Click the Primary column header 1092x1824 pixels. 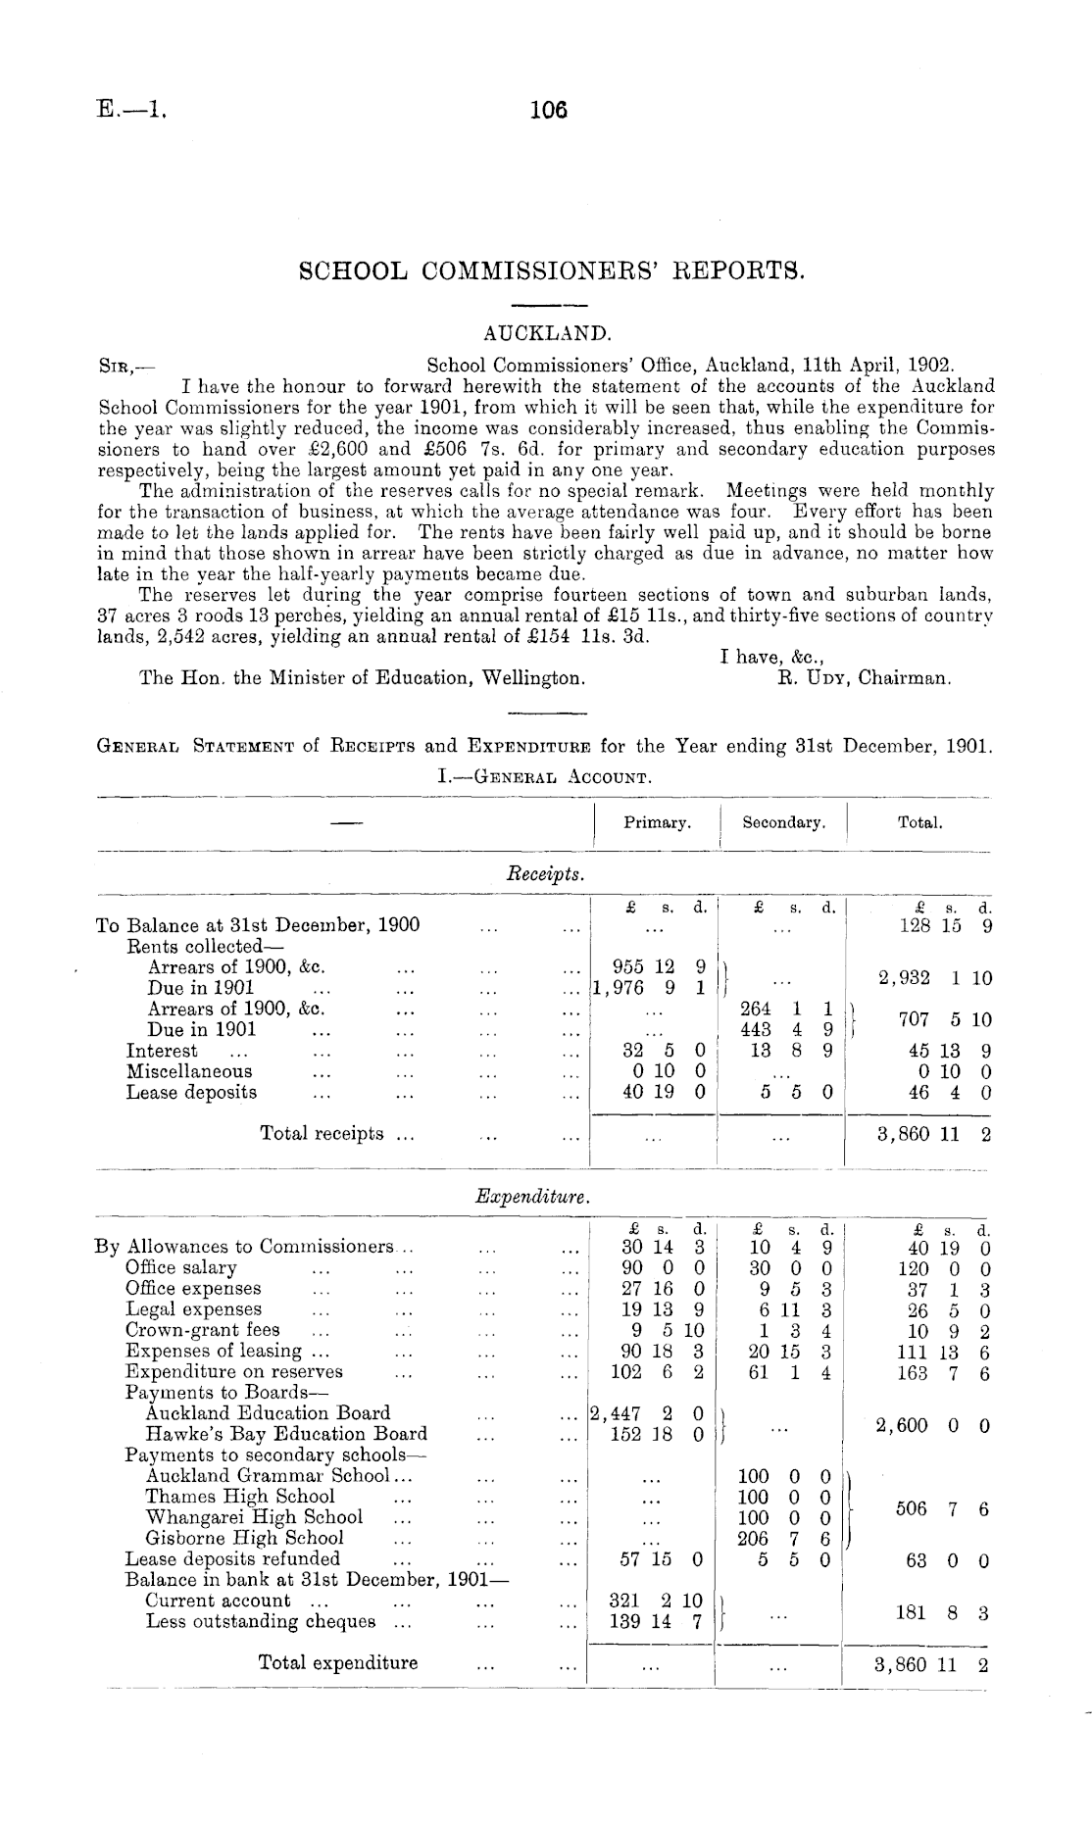pos(657,823)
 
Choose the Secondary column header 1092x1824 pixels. pos(783,823)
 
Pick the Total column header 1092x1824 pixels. pos(919,823)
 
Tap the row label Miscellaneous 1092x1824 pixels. pos(189,1071)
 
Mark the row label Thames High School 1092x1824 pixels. pos(240,1497)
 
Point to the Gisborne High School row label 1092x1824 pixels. pos(244,1538)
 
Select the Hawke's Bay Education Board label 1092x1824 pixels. pos(286,1434)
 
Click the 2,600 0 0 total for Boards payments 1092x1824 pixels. pos(931,1424)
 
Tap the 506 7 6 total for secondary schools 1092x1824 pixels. pos(940,1507)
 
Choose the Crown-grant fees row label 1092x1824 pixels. pos(203,1330)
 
